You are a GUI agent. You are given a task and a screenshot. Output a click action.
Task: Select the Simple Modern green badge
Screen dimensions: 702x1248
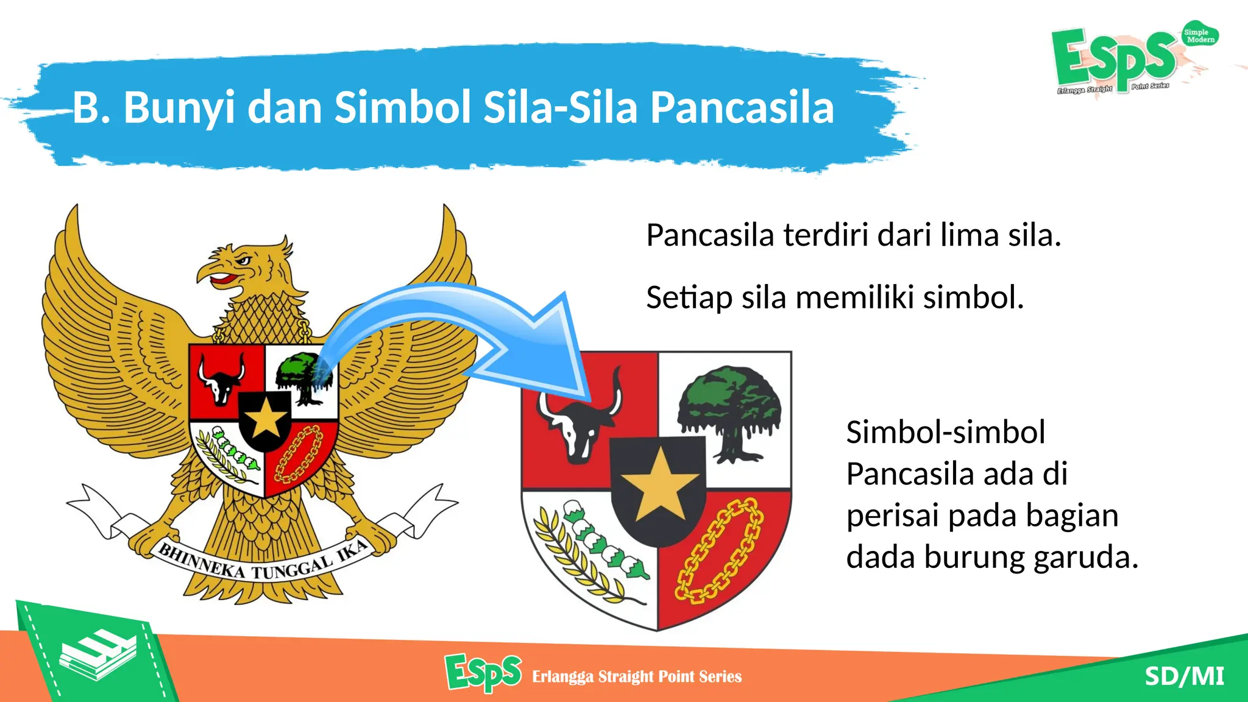1200,36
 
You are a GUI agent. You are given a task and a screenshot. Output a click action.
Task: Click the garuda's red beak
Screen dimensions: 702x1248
223,280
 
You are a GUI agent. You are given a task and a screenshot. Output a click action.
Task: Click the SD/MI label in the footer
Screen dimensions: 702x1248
1184,676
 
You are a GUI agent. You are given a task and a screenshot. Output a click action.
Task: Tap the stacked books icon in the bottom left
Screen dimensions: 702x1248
97,655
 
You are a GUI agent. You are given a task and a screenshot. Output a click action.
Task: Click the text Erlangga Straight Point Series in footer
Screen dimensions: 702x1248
637,677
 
